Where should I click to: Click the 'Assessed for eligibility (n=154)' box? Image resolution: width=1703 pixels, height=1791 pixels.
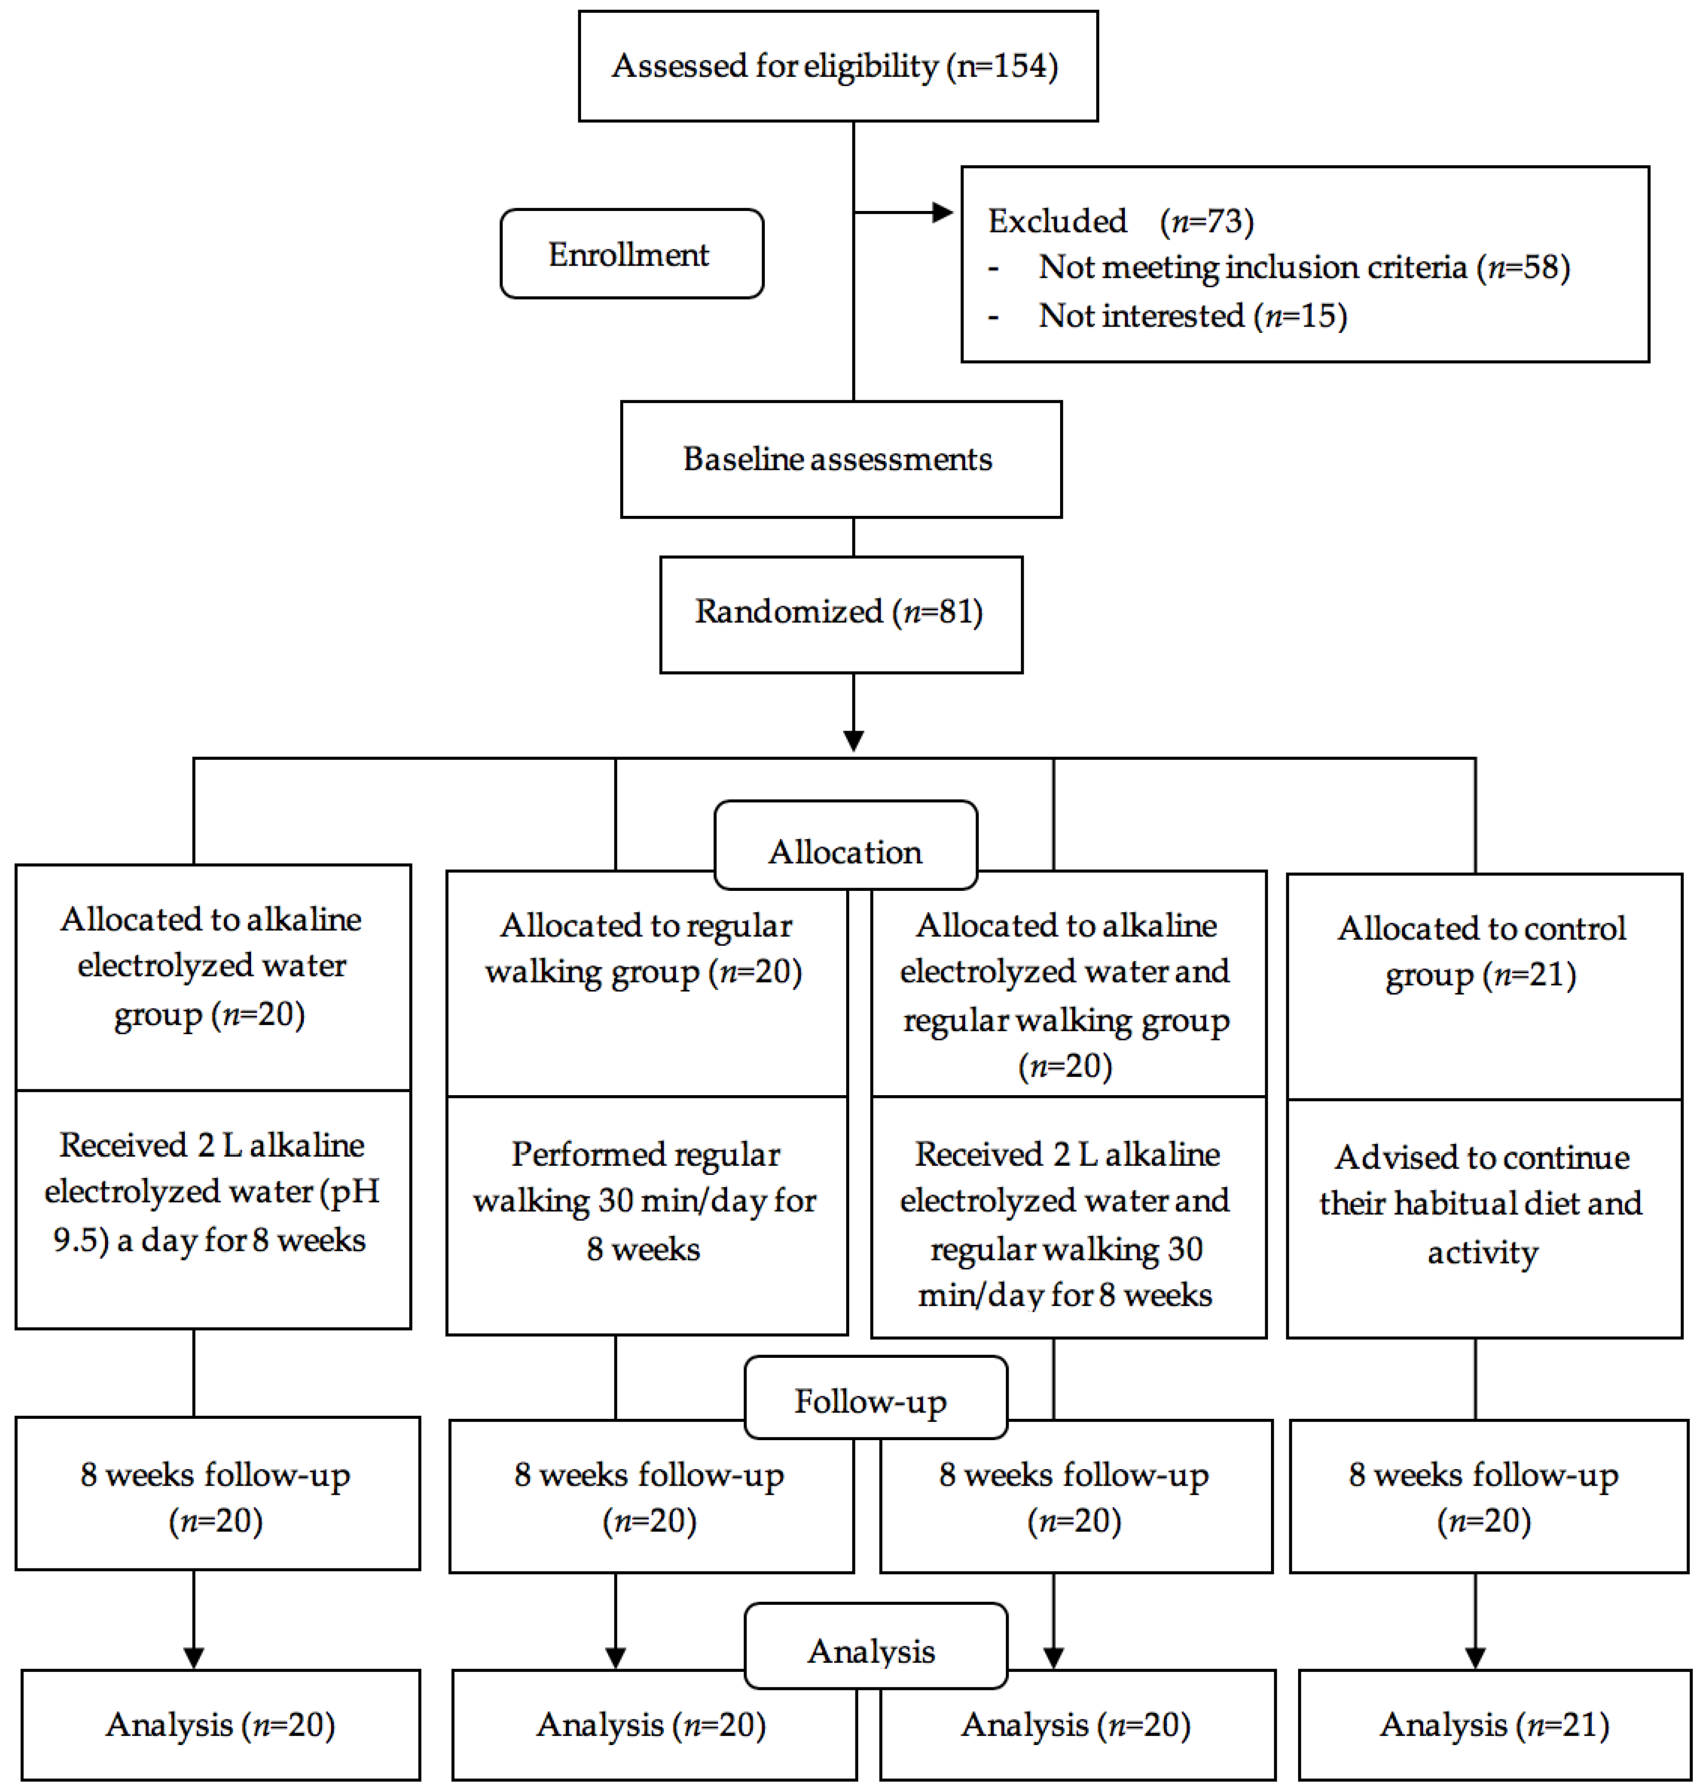(x=837, y=66)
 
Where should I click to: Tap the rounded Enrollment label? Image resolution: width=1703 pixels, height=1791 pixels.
(x=631, y=254)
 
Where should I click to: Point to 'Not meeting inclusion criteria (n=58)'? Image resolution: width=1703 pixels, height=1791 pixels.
(x=1303, y=267)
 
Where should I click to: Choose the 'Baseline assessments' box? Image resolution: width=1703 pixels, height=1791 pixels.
(x=840, y=460)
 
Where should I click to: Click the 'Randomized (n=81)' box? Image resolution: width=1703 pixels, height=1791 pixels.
(x=840, y=612)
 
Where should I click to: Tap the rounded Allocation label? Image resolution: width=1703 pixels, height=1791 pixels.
(x=845, y=852)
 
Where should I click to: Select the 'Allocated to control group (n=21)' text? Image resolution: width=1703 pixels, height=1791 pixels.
(x=1481, y=951)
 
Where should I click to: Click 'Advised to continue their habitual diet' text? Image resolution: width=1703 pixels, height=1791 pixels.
(x=1481, y=1181)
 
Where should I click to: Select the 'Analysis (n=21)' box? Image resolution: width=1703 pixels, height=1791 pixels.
(x=1494, y=1725)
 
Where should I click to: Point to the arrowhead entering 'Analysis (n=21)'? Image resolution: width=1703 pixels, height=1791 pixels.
(x=1475, y=1657)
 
